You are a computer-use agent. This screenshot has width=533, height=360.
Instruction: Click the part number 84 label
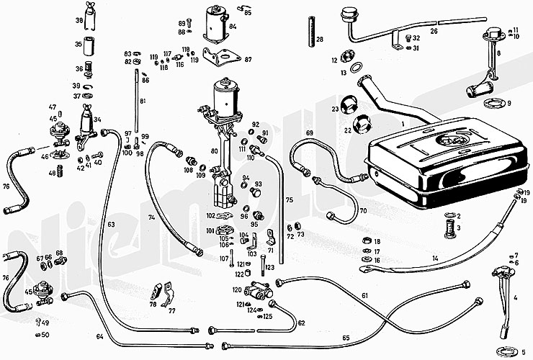(233, 27)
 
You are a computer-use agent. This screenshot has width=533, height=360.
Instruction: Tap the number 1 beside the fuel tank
(403, 124)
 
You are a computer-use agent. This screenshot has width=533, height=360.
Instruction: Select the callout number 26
(434, 32)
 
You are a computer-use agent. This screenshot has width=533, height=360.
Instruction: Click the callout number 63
(112, 225)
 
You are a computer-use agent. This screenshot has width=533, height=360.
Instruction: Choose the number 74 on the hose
(152, 217)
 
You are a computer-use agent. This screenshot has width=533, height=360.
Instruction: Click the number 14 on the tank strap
(435, 258)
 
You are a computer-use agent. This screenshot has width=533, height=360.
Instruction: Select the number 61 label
(365, 296)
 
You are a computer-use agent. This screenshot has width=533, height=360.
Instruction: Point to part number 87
(248, 60)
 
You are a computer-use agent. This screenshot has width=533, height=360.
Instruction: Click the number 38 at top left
(79, 21)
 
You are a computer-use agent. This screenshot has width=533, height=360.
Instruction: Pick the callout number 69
(310, 133)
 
